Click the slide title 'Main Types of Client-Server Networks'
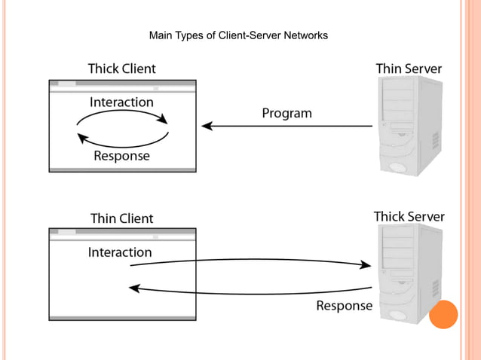pos(238,35)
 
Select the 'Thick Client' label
pos(121,69)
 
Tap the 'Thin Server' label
pos(409,69)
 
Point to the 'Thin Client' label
pos(121,218)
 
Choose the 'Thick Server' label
pos(409,217)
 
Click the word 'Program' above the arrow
pos(286,114)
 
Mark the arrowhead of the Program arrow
pos(207,126)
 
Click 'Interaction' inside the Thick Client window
pos(121,102)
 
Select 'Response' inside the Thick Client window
pos(121,156)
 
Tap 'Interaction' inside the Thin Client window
pos(120,252)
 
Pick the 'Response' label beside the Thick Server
pos(344,306)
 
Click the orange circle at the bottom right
pos(443,314)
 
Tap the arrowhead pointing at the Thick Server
pos(366,264)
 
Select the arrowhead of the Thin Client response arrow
pos(134,288)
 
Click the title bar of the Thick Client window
pos(122,83)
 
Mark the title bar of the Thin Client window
pos(122,233)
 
